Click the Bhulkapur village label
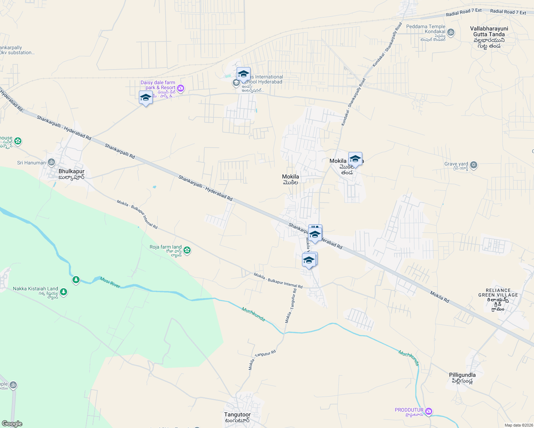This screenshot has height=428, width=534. tap(71, 174)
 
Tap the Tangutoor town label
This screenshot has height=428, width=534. tap(237, 417)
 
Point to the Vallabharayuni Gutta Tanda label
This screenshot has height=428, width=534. tap(489, 37)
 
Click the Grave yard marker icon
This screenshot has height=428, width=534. tap(474, 165)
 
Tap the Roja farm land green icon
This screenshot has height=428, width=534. tap(187, 250)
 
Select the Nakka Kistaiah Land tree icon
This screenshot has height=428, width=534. tap(64, 292)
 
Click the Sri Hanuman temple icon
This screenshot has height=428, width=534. tap(51, 163)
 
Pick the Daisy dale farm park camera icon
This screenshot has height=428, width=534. tap(181, 88)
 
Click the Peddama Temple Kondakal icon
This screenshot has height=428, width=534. tap(451, 32)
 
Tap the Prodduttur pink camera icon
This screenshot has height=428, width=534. tap(429, 411)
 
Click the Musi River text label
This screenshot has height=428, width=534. tap(110, 282)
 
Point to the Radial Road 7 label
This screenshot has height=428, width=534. tap(464, 13)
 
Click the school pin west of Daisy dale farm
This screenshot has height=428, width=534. tap(146, 98)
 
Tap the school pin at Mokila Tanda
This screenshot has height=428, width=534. tap(355, 159)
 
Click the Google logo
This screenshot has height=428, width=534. tap(12, 424)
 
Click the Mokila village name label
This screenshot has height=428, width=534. tap(290, 179)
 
